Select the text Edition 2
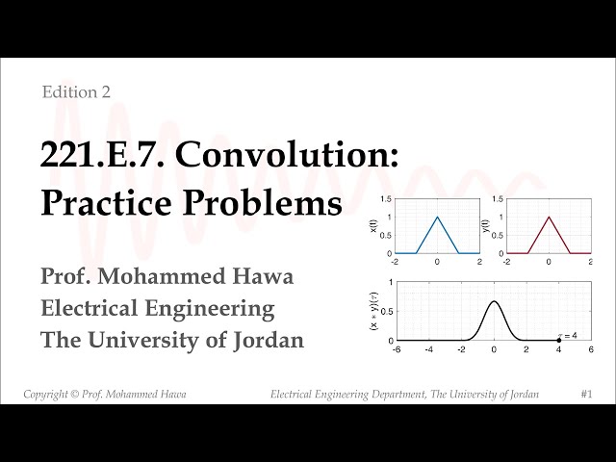(76, 92)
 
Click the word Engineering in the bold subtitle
(213, 309)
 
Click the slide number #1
(586, 395)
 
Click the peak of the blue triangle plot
(437, 217)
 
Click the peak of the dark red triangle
(549, 217)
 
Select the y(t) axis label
(485, 227)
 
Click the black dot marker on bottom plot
(559, 341)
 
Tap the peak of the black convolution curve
(494, 302)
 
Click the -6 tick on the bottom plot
(396, 350)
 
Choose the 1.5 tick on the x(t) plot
(386, 199)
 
